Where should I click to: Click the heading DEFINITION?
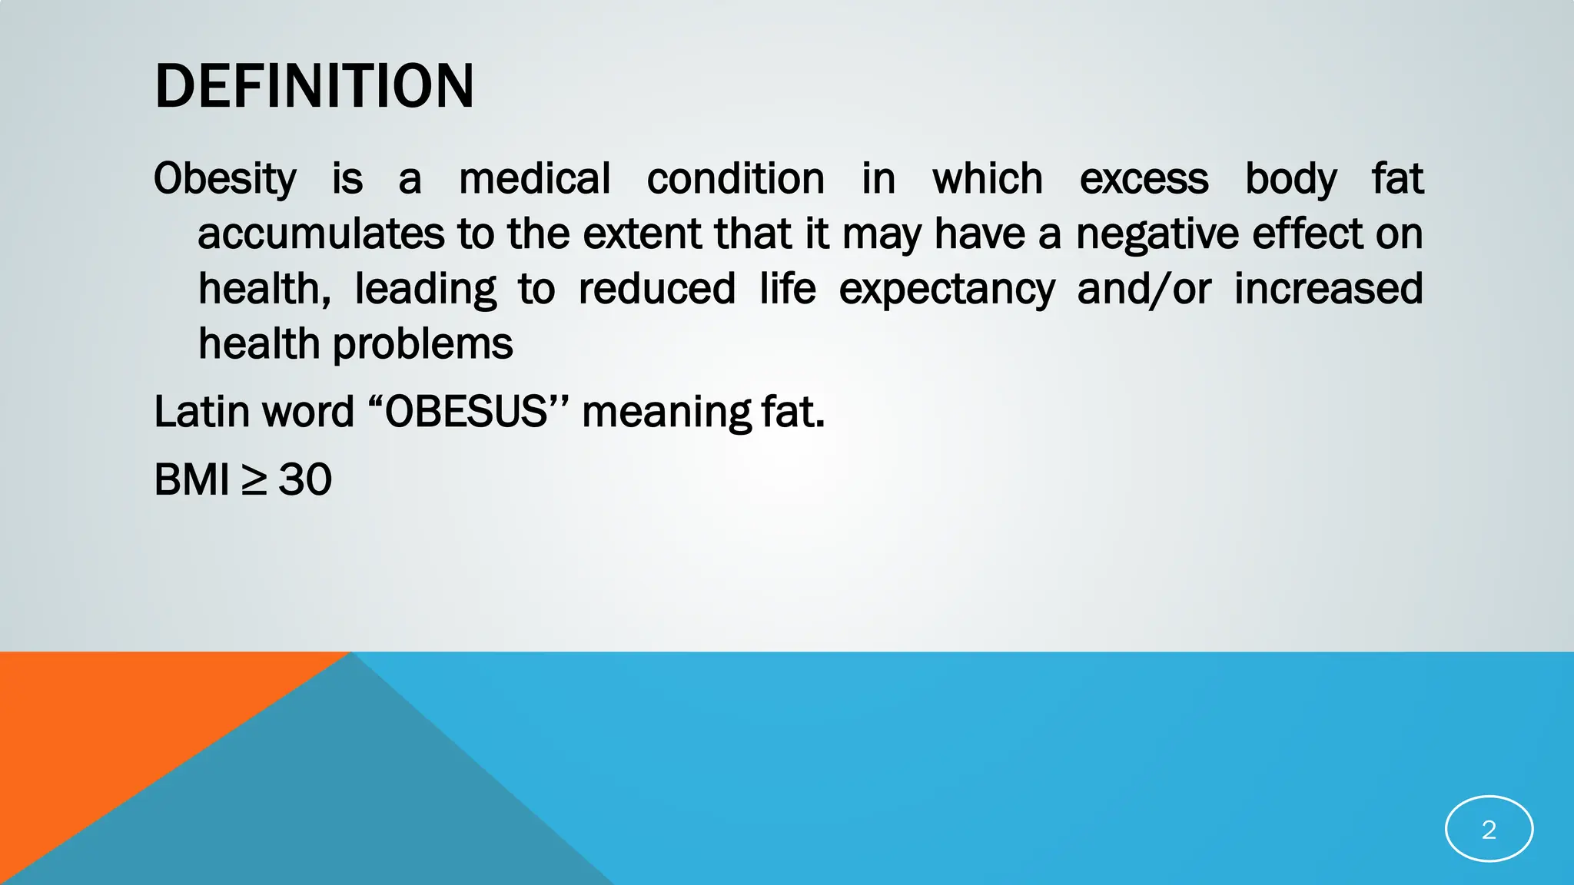(314, 86)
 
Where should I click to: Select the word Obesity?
(224, 180)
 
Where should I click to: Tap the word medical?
(535, 179)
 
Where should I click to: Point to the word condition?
(736, 179)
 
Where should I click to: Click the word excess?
(1144, 179)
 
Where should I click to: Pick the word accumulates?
(321, 234)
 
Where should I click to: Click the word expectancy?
(947, 290)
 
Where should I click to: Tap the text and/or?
(1144, 290)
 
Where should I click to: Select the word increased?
(1328, 289)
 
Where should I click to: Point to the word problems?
(423, 344)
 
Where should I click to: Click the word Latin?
(201, 412)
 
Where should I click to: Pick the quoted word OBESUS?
(466, 412)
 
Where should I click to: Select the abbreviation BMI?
(191, 480)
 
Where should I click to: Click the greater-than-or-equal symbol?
(254, 481)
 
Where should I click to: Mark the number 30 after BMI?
(305, 480)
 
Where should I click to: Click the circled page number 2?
(1489, 829)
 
